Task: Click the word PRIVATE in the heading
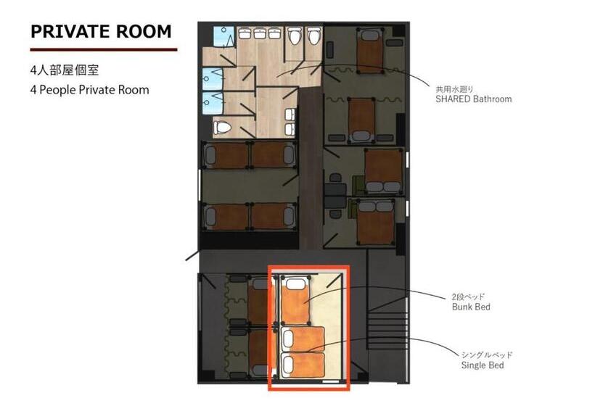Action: pos(70,31)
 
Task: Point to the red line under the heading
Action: pos(104,49)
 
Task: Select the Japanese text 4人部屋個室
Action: pos(65,70)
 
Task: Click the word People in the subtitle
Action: pos(57,90)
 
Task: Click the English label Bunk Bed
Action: pos(471,307)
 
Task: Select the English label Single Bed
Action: pos(483,365)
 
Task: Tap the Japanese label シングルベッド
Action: pos(487,355)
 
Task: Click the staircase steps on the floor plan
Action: pos(387,330)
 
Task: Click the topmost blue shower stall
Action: pos(223,36)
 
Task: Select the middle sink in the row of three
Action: pos(259,33)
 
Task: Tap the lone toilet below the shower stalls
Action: pos(222,128)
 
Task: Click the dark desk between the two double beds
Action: pos(335,196)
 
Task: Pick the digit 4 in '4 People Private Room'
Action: pos(33,90)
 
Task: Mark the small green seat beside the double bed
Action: pos(358,183)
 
